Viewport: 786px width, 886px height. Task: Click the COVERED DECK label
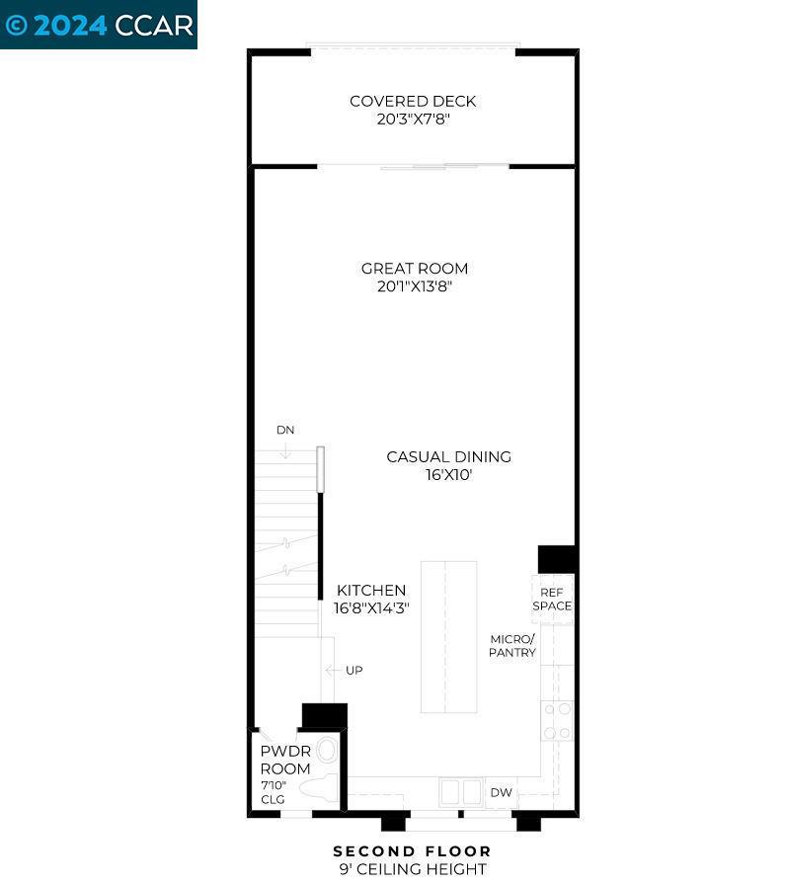pyautogui.click(x=413, y=101)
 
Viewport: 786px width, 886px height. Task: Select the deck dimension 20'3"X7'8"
pyautogui.click(x=413, y=120)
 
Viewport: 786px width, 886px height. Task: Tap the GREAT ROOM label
pyautogui.click(x=414, y=269)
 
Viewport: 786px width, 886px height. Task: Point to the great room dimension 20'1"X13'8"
pyautogui.click(x=414, y=287)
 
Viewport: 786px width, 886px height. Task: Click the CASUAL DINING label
pyautogui.click(x=448, y=457)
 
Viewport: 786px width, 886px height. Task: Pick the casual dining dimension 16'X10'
pyautogui.click(x=448, y=475)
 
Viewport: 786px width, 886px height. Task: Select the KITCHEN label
pyautogui.click(x=370, y=590)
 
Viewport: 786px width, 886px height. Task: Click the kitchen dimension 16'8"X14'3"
pyautogui.click(x=370, y=608)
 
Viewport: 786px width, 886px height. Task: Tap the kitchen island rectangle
pyautogui.click(x=448, y=637)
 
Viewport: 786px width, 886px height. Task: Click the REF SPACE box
pyautogui.click(x=552, y=599)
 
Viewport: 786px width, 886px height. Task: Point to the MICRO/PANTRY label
pyautogui.click(x=512, y=646)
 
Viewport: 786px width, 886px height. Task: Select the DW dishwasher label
pyautogui.click(x=501, y=792)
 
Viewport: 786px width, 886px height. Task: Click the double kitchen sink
pyautogui.click(x=460, y=792)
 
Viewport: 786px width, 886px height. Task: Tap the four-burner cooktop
pyautogui.click(x=557, y=720)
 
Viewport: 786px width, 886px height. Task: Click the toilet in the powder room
pyautogui.click(x=318, y=788)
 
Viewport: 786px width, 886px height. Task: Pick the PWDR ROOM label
pyautogui.click(x=285, y=760)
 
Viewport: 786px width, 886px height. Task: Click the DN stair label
pyautogui.click(x=285, y=431)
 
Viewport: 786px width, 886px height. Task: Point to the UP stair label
pyautogui.click(x=354, y=671)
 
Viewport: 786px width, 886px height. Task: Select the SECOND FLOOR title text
pyautogui.click(x=412, y=850)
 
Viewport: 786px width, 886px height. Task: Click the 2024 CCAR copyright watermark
pyautogui.click(x=99, y=25)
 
